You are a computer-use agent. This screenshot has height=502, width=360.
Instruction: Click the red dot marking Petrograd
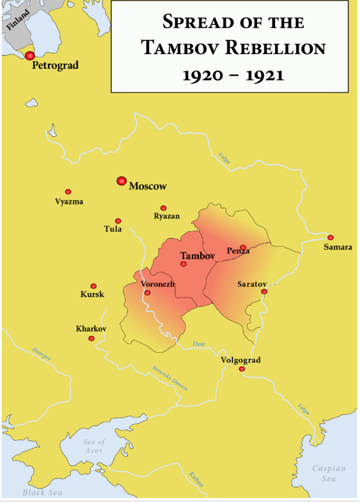click(x=30, y=55)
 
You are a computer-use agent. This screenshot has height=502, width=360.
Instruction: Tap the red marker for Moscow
click(x=121, y=181)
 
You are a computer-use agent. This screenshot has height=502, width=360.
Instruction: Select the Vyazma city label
click(x=69, y=201)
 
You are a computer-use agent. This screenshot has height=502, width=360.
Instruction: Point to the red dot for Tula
click(x=118, y=221)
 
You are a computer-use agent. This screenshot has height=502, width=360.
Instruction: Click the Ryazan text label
click(x=166, y=216)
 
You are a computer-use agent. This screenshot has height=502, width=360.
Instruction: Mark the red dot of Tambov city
click(x=183, y=263)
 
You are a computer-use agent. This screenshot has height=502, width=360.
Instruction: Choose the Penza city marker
click(x=243, y=247)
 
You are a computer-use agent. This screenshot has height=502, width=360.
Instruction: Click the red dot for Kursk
click(x=93, y=286)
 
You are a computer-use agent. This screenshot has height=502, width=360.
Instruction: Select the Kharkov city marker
click(x=91, y=338)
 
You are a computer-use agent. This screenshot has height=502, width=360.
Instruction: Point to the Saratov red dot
click(x=264, y=292)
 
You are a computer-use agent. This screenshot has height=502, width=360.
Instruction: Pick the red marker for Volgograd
click(x=242, y=369)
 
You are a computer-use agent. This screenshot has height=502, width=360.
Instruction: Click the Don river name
click(x=199, y=344)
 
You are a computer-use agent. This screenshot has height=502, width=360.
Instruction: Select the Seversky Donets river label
click(x=170, y=378)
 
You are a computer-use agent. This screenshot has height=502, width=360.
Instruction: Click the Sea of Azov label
click(x=94, y=446)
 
